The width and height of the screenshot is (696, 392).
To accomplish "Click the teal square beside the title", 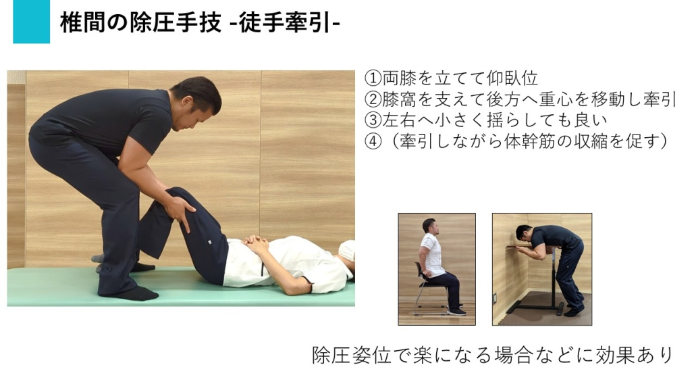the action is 32,22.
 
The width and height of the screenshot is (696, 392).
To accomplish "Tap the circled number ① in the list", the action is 373,78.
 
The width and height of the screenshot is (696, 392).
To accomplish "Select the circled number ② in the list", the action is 373,99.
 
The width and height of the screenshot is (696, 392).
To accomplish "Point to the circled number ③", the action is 373,120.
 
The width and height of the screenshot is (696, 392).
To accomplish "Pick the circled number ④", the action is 373,141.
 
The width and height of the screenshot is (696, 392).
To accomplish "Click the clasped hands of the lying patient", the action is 255,243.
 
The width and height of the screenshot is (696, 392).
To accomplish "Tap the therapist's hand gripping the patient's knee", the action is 180,208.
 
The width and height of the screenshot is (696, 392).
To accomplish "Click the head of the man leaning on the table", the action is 525,234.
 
